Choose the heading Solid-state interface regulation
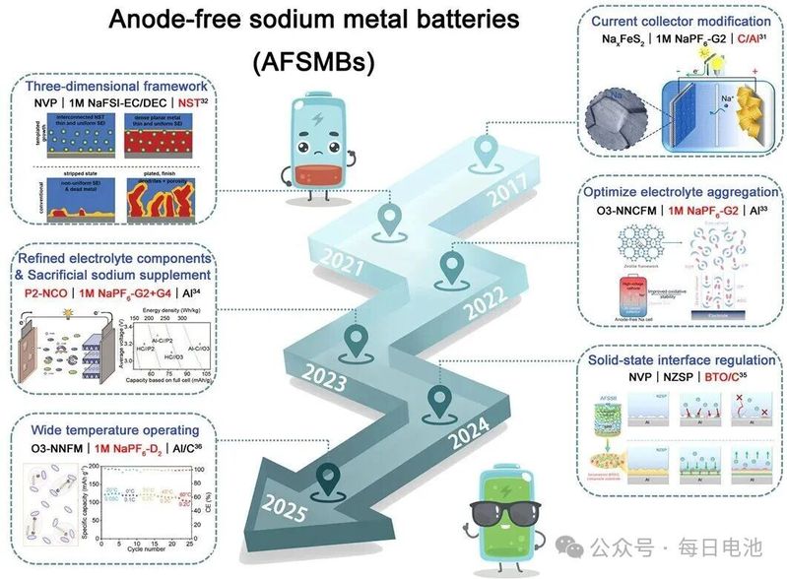pos(679,360)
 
